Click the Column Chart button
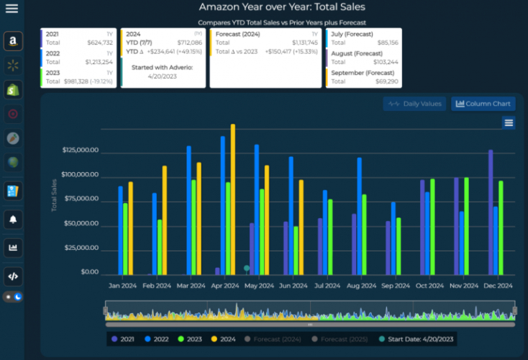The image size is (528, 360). click(x=483, y=104)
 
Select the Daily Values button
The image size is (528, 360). click(x=414, y=104)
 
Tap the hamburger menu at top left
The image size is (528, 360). click(x=12, y=9)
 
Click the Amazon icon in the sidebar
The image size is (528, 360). click(x=12, y=42)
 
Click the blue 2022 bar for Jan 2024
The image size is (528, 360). click(x=121, y=230)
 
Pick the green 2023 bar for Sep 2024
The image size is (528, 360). click(x=399, y=246)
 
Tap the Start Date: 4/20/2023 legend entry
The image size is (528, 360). click(x=417, y=338)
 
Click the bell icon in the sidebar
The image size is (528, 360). click(x=12, y=219)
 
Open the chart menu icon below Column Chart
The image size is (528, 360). click(x=509, y=123)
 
